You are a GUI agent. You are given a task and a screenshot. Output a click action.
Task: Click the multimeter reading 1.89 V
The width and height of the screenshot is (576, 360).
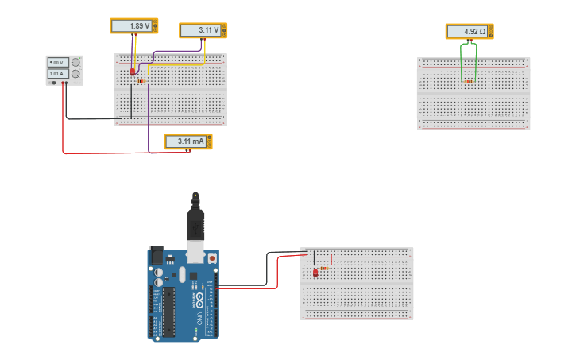133,26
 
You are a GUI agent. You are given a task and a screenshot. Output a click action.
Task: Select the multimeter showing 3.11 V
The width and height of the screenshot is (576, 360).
203,31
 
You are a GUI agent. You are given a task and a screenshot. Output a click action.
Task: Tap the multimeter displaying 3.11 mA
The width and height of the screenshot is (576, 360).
187,141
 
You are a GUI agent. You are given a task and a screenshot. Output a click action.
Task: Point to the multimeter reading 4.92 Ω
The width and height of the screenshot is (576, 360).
469,32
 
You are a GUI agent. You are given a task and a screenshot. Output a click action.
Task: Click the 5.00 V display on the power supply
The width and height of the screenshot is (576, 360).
56,62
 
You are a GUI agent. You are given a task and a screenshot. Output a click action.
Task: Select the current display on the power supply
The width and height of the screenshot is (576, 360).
56,74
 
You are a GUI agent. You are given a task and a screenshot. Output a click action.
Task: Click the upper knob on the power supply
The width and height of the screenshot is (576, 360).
75,62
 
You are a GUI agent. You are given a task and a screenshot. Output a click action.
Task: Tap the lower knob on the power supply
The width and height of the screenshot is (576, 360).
75,74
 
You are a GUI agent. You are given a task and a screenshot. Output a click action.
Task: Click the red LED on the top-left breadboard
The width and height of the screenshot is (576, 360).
133,72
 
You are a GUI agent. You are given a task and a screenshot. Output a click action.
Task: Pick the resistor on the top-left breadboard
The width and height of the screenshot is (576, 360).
141,81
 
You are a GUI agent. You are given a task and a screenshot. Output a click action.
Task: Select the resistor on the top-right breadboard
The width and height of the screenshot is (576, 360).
469,81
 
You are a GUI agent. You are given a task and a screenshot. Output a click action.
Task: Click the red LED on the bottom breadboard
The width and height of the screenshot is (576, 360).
315,273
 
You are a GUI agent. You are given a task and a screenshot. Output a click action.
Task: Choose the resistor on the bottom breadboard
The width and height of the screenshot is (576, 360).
323,268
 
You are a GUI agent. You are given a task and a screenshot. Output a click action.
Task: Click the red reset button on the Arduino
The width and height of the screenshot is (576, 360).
211,258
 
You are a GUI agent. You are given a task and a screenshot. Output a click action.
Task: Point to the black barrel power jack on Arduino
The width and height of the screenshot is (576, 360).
157,256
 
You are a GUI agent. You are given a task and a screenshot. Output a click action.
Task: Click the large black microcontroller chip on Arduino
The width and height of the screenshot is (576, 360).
168,311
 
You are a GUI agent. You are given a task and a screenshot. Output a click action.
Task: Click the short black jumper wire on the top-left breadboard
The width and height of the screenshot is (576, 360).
131,101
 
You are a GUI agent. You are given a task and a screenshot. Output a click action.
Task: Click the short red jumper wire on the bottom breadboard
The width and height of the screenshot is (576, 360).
331,259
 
